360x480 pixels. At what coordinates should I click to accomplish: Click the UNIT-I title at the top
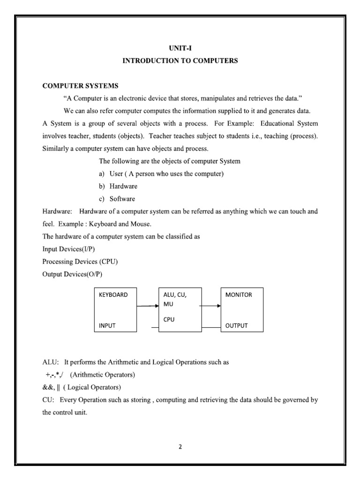pyautogui.click(x=180, y=48)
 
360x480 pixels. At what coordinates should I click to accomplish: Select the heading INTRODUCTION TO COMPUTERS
pyautogui.click(x=180, y=61)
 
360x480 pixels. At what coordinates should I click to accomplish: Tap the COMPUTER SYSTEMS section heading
pyautogui.click(x=80, y=86)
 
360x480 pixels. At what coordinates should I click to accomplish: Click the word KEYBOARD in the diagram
pyautogui.click(x=113, y=295)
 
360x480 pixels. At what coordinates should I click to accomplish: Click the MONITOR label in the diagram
pyautogui.click(x=239, y=295)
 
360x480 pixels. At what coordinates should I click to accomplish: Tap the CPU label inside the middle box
pyautogui.click(x=169, y=319)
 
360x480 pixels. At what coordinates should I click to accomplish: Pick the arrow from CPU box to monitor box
pyautogui.click(x=210, y=307)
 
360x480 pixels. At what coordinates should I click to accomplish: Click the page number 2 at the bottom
pyautogui.click(x=180, y=446)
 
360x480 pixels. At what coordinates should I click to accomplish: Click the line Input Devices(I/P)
pyautogui.click(x=68, y=249)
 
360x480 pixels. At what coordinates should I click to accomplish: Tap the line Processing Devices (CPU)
pyautogui.click(x=77, y=262)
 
